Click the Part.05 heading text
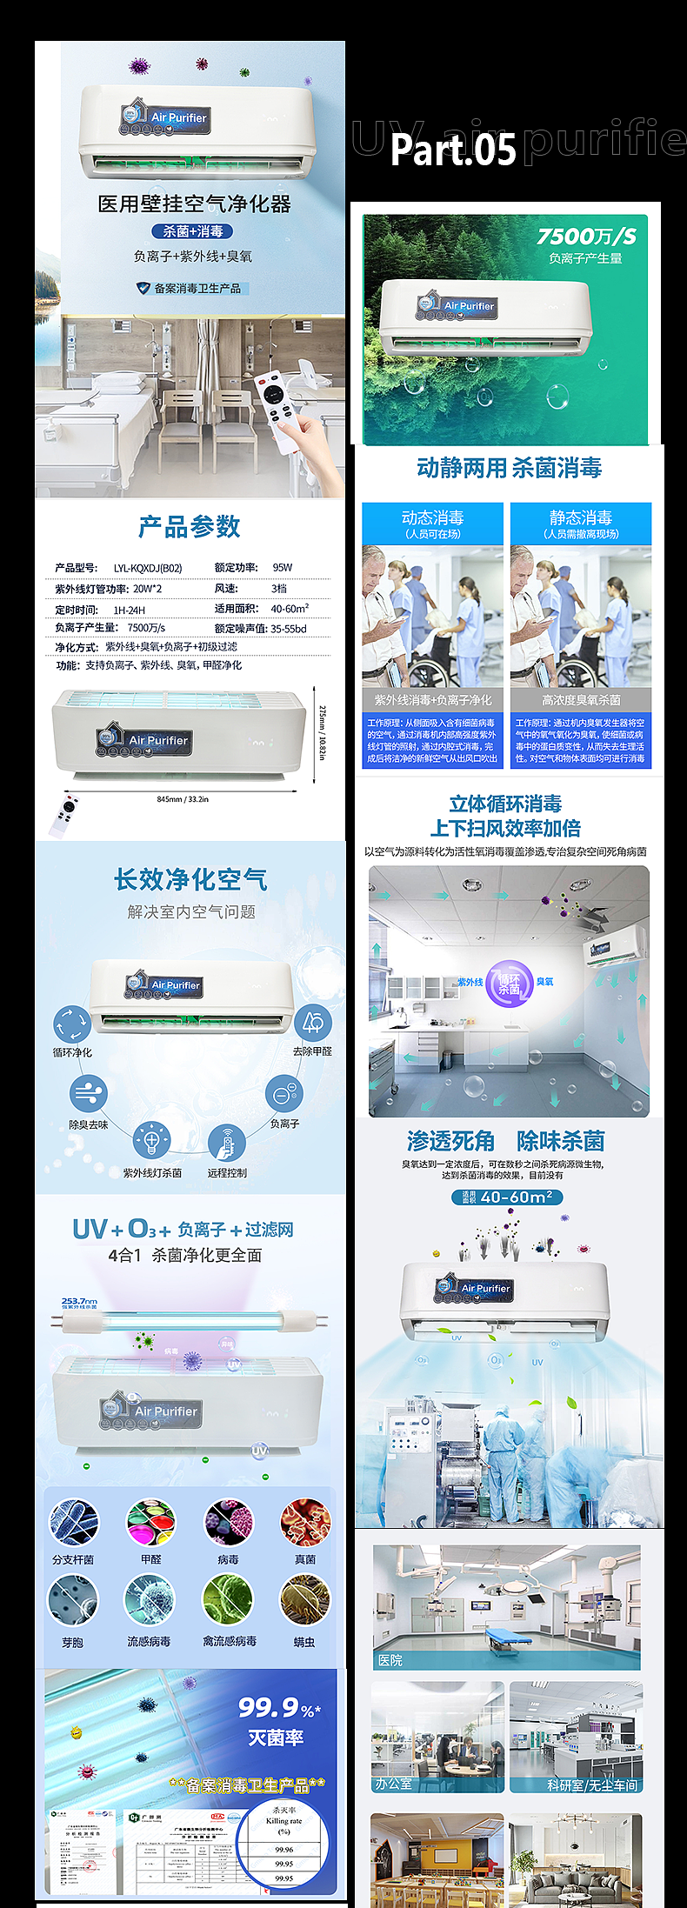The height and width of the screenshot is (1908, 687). [x=452, y=149]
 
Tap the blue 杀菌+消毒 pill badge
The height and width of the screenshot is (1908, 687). [x=192, y=231]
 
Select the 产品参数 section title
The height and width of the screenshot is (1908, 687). [x=190, y=527]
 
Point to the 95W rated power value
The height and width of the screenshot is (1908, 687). [x=283, y=568]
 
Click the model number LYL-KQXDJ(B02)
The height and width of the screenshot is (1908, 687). [x=148, y=568]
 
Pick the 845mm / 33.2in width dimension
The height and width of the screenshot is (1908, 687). [x=183, y=799]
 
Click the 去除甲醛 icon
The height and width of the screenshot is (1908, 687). [x=312, y=1023]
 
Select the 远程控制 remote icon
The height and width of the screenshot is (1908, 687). [x=227, y=1142]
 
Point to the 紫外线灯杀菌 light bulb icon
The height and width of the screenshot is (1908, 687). [x=151, y=1140]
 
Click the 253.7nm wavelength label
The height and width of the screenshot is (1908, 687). [x=79, y=1302]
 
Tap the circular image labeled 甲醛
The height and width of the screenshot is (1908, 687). [x=150, y=1523]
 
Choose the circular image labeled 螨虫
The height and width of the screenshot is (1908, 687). [x=304, y=1600]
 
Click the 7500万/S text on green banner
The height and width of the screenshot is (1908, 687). [x=586, y=237]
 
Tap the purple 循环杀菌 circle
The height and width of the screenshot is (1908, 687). [x=509, y=984]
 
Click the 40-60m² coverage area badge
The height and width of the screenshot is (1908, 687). [x=507, y=1197]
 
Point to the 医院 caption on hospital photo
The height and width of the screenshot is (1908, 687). [x=390, y=1660]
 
